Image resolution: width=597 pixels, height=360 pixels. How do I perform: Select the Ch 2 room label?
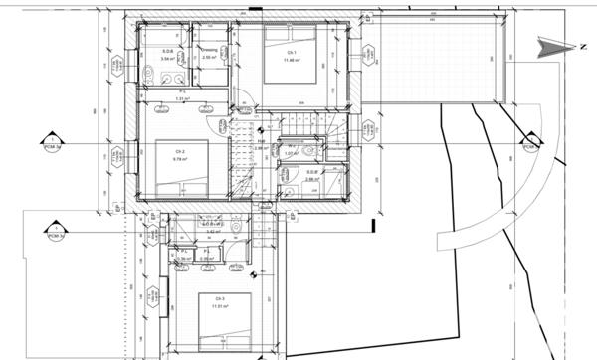tap(180, 154)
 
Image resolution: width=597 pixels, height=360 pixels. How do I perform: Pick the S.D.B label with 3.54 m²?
tap(168, 52)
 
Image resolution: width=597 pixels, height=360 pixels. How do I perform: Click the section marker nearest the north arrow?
tap(529, 145)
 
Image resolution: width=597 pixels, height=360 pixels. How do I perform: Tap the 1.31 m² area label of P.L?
tap(182, 99)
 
